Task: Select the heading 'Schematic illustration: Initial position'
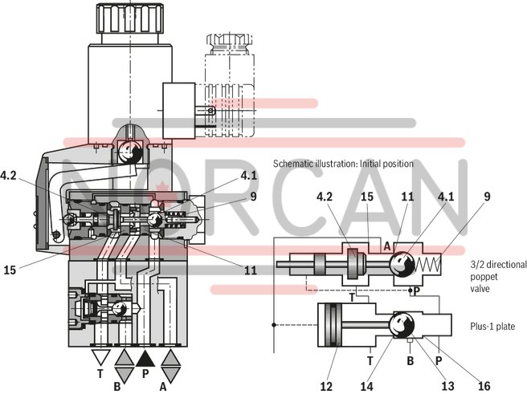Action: coord(343,164)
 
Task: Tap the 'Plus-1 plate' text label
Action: coord(492,326)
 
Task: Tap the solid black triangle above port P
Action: coord(145,358)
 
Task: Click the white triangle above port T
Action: coord(100,358)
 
